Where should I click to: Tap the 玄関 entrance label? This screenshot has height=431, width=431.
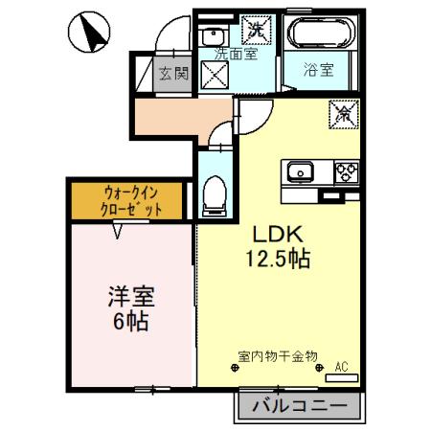(174, 72)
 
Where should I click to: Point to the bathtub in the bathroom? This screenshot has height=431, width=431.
(319, 37)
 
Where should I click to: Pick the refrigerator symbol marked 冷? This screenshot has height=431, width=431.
(343, 113)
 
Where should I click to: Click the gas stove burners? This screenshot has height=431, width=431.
(346, 172)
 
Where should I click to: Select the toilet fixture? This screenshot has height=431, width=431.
(215, 196)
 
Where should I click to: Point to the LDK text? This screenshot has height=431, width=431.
(278, 235)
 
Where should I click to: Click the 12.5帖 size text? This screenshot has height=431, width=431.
(280, 259)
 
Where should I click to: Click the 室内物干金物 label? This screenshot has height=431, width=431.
(278, 357)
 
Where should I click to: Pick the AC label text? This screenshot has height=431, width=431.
(340, 365)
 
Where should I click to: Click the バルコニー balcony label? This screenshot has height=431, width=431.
(300, 406)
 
